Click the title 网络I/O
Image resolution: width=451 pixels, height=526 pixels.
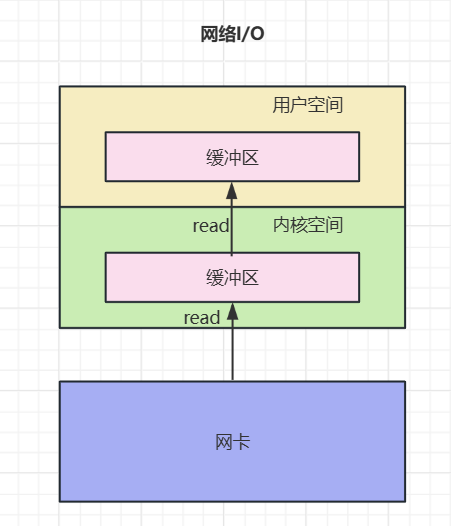(x=232, y=36)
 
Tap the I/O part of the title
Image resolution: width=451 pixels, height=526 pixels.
(x=252, y=36)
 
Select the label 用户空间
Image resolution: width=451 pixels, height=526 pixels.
(x=308, y=106)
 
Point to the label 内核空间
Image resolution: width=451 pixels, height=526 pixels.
(x=308, y=226)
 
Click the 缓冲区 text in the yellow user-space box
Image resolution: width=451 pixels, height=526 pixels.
(x=232, y=157)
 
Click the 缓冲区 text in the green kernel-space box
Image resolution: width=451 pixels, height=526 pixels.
(x=232, y=278)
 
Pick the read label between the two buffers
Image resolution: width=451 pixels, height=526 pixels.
(x=211, y=226)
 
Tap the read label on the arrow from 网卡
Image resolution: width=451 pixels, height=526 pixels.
(x=201, y=318)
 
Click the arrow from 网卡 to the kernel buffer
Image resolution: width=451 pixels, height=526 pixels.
(x=232, y=345)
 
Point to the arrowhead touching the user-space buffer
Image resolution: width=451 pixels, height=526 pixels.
(x=232, y=190)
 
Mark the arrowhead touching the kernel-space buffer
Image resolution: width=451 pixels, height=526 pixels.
(x=232, y=310)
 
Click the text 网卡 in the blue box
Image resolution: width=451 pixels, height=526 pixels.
(x=232, y=441)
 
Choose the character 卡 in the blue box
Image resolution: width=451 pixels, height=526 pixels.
(x=241, y=441)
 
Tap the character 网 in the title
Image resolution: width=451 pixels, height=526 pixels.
(x=209, y=36)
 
